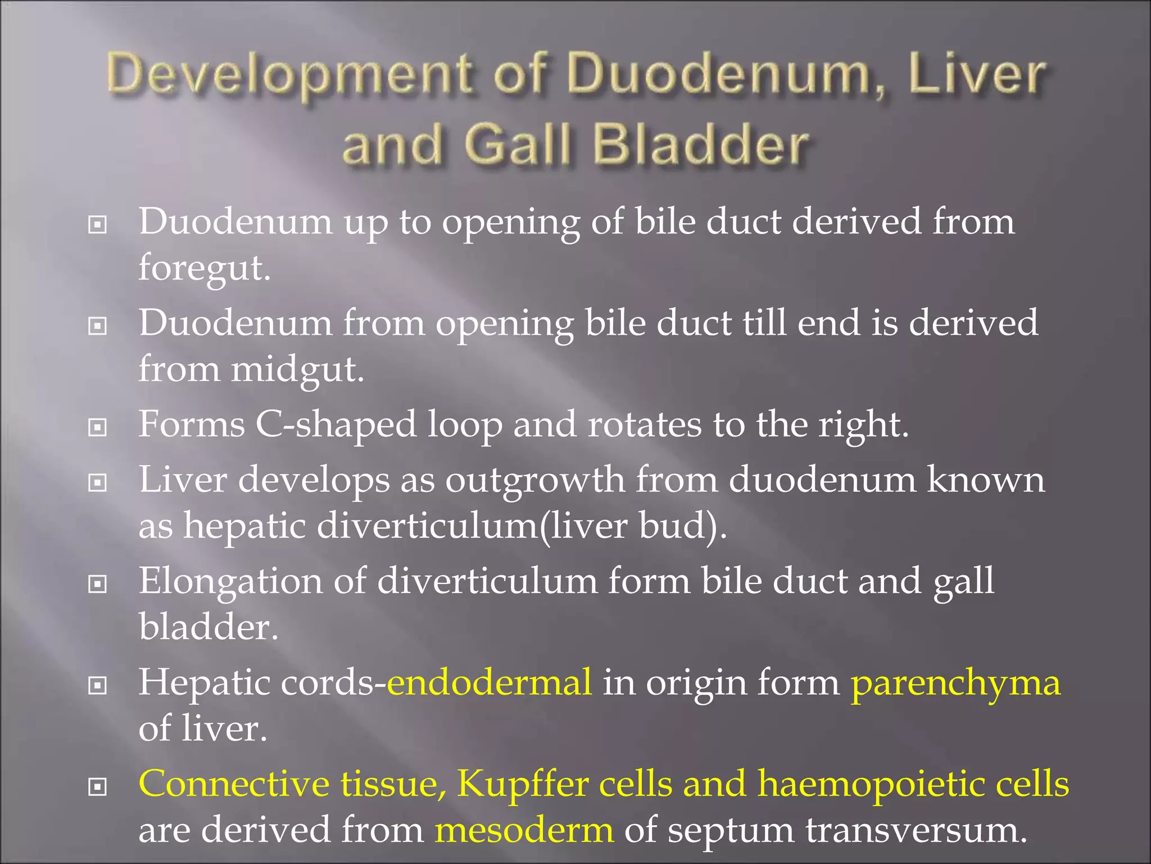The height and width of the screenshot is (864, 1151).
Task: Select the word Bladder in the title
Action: pyautogui.click(x=701, y=145)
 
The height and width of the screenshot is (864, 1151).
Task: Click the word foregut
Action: pyautogui.click(x=205, y=268)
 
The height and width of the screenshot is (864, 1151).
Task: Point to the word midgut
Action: pyautogui.click(x=297, y=370)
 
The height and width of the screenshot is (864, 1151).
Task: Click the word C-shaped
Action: pyautogui.click(x=336, y=425)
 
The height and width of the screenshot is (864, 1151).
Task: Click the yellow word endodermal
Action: pyautogui.click(x=490, y=683)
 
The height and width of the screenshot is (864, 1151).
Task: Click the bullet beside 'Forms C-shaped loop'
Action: pyautogui.click(x=98, y=427)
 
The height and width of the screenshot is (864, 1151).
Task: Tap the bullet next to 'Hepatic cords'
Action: pyautogui.click(x=98, y=685)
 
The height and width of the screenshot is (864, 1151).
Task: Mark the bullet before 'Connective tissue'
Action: pyautogui.click(x=98, y=787)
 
